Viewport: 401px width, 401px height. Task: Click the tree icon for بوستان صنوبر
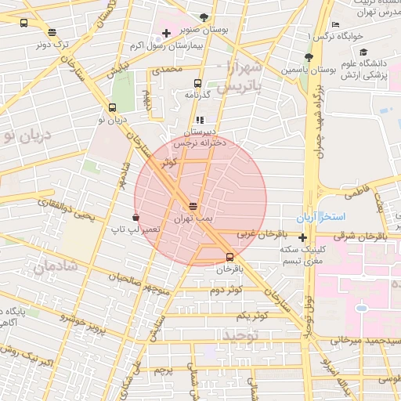click(x=204, y=16)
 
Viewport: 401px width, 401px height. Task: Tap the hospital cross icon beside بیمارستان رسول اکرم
click(x=165, y=33)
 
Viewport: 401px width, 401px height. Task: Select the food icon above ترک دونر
click(x=52, y=32)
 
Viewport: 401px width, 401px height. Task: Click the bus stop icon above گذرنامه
click(x=197, y=82)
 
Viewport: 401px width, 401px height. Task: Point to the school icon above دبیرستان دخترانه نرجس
click(x=200, y=120)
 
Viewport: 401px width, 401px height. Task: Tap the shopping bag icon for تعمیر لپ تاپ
click(x=137, y=217)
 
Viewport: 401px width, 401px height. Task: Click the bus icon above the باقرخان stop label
click(x=229, y=257)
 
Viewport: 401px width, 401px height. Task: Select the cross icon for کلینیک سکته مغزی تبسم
click(x=302, y=237)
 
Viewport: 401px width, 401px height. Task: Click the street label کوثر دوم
click(x=226, y=291)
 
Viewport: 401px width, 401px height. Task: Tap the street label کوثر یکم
click(x=251, y=315)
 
